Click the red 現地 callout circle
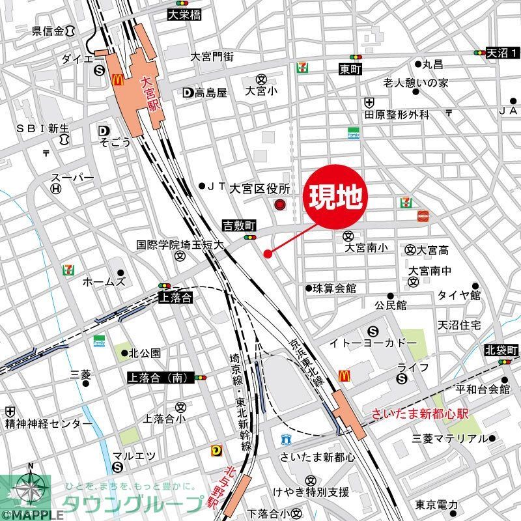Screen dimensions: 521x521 [x=335, y=197]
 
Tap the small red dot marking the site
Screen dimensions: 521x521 [x=267, y=253]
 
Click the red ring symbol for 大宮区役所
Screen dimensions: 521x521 [x=280, y=206]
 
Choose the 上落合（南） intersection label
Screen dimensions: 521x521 [x=160, y=377]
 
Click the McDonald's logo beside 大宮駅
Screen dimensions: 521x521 [x=118, y=79]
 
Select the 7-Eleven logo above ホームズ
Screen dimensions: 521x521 [x=68, y=269]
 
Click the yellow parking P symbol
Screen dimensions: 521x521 [x=216, y=450]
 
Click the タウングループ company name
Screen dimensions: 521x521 [x=133, y=504]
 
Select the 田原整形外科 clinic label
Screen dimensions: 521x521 [x=397, y=115]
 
